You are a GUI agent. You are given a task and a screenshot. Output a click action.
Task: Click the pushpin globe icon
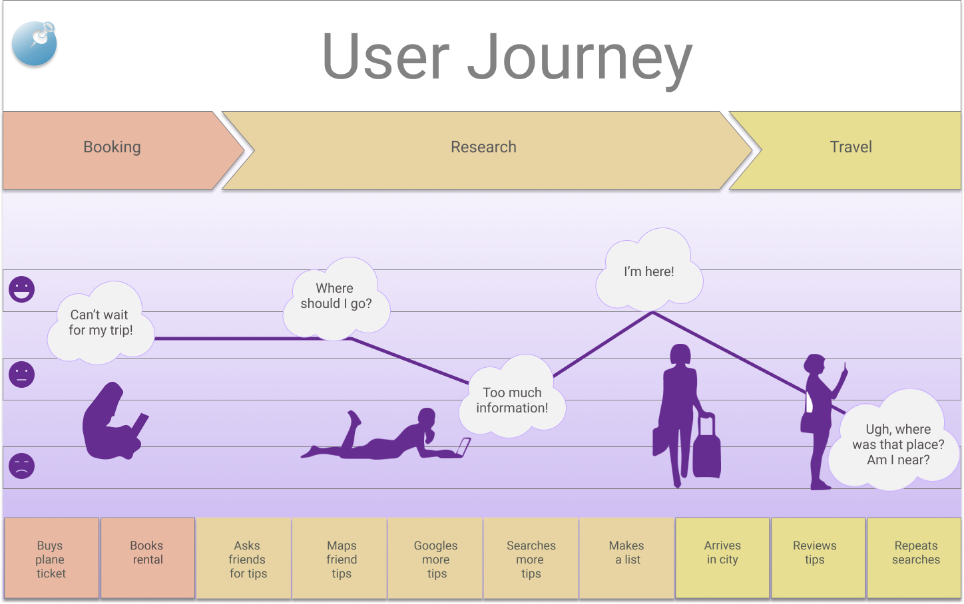(35, 44)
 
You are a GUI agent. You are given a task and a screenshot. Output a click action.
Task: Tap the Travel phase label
(850, 147)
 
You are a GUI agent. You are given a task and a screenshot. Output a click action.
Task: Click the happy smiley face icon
(21, 289)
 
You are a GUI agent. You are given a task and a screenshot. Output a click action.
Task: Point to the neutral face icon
(21, 375)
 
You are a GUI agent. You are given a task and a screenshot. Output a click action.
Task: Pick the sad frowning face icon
(21, 466)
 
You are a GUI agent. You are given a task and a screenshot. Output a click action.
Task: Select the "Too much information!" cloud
(512, 399)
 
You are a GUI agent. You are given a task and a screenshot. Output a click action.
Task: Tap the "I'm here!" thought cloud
(648, 272)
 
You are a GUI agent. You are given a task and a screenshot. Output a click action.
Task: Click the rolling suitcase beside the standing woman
(706, 449)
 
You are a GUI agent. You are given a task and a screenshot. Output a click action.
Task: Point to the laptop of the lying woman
(463, 447)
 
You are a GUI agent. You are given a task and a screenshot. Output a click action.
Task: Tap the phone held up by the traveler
(845, 367)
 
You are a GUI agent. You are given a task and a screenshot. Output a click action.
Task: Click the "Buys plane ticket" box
(51, 559)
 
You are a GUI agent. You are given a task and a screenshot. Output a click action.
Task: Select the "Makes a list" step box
(626, 557)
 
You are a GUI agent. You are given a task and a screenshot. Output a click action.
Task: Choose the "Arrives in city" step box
(722, 557)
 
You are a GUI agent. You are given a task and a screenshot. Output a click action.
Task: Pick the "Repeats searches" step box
(915, 557)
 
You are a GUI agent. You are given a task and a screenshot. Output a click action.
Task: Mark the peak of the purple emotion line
(652, 312)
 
